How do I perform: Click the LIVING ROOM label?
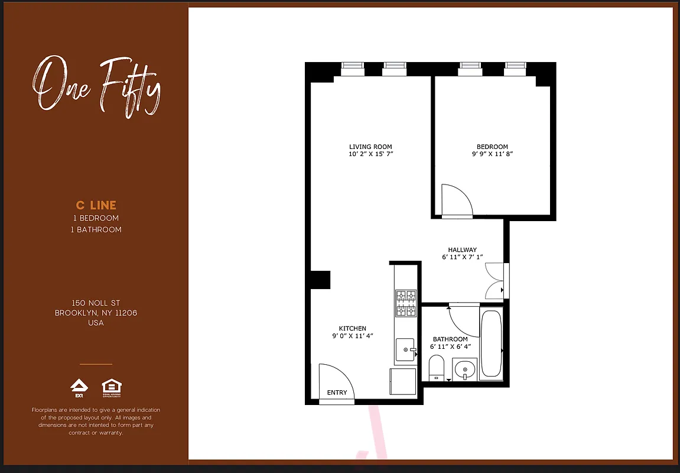tap(370, 147)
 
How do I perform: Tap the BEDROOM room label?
tap(492, 147)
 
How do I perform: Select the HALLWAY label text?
tap(462, 250)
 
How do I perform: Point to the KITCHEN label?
tap(352, 328)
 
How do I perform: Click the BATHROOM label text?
tap(450, 339)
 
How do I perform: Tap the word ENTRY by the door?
tap(337, 393)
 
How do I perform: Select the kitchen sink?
tap(405, 350)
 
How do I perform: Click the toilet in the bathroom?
tap(436, 367)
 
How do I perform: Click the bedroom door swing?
tap(455, 201)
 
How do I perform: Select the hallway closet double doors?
tap(494, 281)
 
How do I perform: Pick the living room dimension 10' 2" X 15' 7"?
tap(370, 154)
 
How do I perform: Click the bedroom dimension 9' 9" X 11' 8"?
tap(492, 154)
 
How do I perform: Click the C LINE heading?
tap(96, 205)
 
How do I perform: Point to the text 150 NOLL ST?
tap(96, 303)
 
